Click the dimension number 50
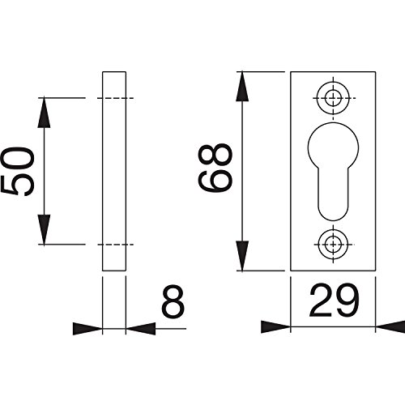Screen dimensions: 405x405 click(18, 171)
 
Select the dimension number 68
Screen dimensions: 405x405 click(215, 168)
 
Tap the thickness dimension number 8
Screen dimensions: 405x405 click(173, 302)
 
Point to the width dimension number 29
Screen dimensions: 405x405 click(334, 301)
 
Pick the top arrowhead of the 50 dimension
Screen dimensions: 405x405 click(44, 112)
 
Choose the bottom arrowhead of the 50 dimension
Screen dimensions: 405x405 click(44, 229)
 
